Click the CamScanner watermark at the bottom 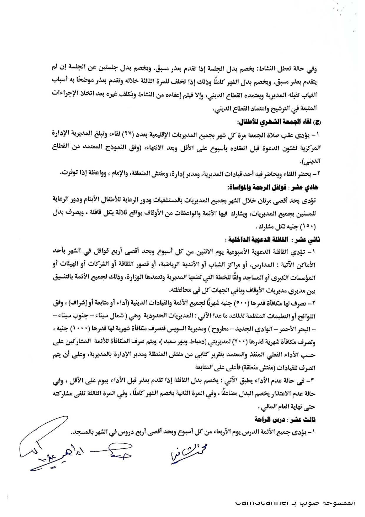click(x=294, y=503)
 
